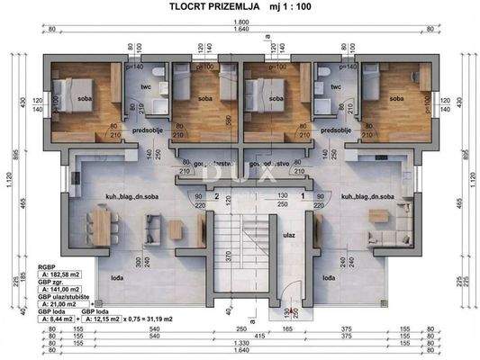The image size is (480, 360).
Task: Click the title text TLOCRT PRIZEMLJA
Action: tap(215, 7)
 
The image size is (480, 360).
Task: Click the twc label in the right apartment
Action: tap(335, 88)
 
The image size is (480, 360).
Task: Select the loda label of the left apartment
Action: tap(118, 278)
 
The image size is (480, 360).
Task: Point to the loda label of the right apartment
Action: tap(330, 278)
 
